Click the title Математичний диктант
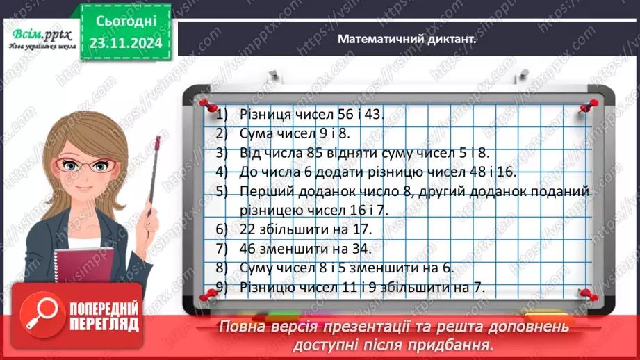point(407,40)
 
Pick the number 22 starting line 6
point(245,229)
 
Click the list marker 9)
point(222,286)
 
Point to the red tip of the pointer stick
point(158,144)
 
